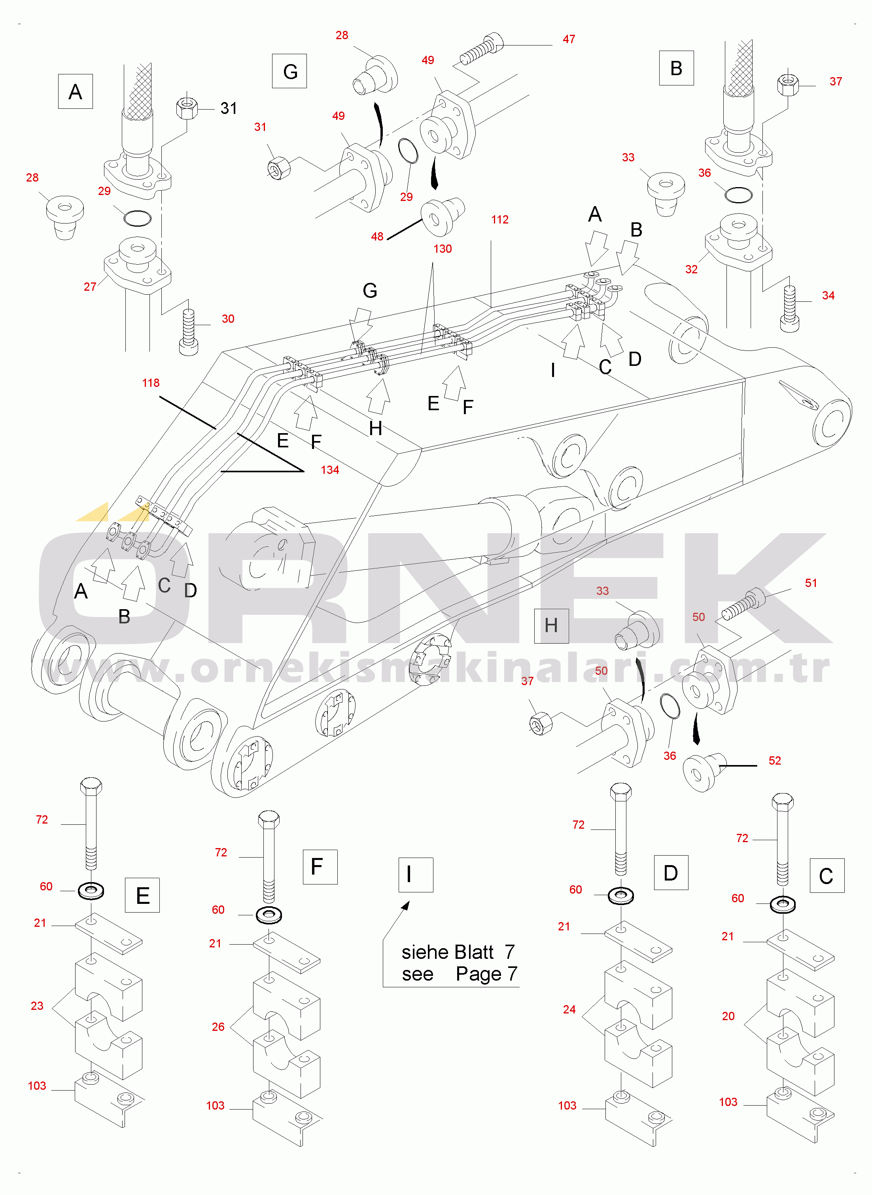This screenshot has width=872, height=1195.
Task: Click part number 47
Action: pos(569,39)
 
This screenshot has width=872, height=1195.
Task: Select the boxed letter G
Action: pos(289,71)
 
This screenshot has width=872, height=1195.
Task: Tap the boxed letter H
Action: pos(551,625)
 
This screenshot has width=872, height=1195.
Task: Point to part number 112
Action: pos(499,220)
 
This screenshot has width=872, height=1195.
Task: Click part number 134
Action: pos(330,470)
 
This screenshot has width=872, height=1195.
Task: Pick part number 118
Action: pos(150,383)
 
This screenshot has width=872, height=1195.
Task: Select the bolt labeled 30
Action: pos(188,331)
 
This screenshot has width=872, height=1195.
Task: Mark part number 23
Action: pos(37,1006)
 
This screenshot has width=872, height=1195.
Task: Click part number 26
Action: pos(218,1026)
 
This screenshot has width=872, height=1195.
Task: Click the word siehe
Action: pos(425,952)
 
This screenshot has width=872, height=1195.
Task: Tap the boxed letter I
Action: pos(415,875)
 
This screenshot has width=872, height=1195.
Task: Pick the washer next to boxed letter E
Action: pos(91,891)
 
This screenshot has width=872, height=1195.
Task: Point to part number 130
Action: pos(443,248)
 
